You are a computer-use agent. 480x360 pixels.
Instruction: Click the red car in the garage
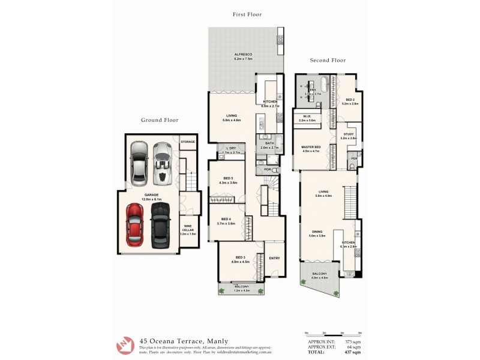(x=134, y=225)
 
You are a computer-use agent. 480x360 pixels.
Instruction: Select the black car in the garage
(x=159, y=225)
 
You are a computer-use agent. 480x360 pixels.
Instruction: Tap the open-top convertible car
(x=161, y=164)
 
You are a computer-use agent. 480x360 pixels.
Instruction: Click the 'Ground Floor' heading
(x=160, y=120)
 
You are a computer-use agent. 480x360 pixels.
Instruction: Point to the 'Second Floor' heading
(x=328, y=61)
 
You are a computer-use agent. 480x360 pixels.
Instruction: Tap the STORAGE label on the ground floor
(x=188, y=142)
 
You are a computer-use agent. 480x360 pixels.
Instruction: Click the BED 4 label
(x=226, y=219)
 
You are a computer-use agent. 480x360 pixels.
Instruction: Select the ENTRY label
(x=274, y=259)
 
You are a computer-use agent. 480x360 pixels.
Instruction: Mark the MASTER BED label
(x=311, y=147)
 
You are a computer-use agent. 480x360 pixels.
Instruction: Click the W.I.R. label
(x=307, y=117)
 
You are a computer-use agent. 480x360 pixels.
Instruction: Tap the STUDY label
(x=349, y=134)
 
